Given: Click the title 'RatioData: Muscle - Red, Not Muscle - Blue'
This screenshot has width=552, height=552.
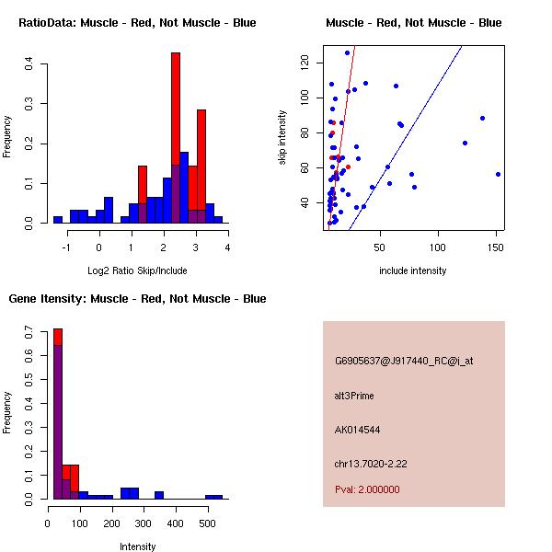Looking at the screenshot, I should tap(137, 22).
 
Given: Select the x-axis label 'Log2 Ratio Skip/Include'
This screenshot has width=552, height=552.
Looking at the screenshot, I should tap(137, 270).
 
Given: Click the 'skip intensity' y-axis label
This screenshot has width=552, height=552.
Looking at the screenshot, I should tap(282, 138).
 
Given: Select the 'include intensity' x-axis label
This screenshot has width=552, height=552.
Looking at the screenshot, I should tap(412, 270).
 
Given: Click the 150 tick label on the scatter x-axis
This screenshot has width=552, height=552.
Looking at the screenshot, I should tap(496, 247).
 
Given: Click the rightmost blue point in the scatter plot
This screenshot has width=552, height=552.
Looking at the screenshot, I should tap(498, 174).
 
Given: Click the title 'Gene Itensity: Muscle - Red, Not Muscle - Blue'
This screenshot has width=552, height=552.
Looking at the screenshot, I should tap(137, 298).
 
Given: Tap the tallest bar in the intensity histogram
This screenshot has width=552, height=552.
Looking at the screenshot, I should tap(57, 414).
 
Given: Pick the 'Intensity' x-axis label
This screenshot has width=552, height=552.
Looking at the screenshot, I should tap(137, 546).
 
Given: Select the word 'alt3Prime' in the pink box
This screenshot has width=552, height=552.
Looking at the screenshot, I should tap(354, 396).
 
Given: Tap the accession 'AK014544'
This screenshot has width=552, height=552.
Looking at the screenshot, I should tap(357, 430).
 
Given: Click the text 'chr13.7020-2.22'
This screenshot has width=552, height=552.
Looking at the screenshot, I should tap(371, 463).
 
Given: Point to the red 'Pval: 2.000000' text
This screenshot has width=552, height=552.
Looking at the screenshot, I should tap(367, 489).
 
